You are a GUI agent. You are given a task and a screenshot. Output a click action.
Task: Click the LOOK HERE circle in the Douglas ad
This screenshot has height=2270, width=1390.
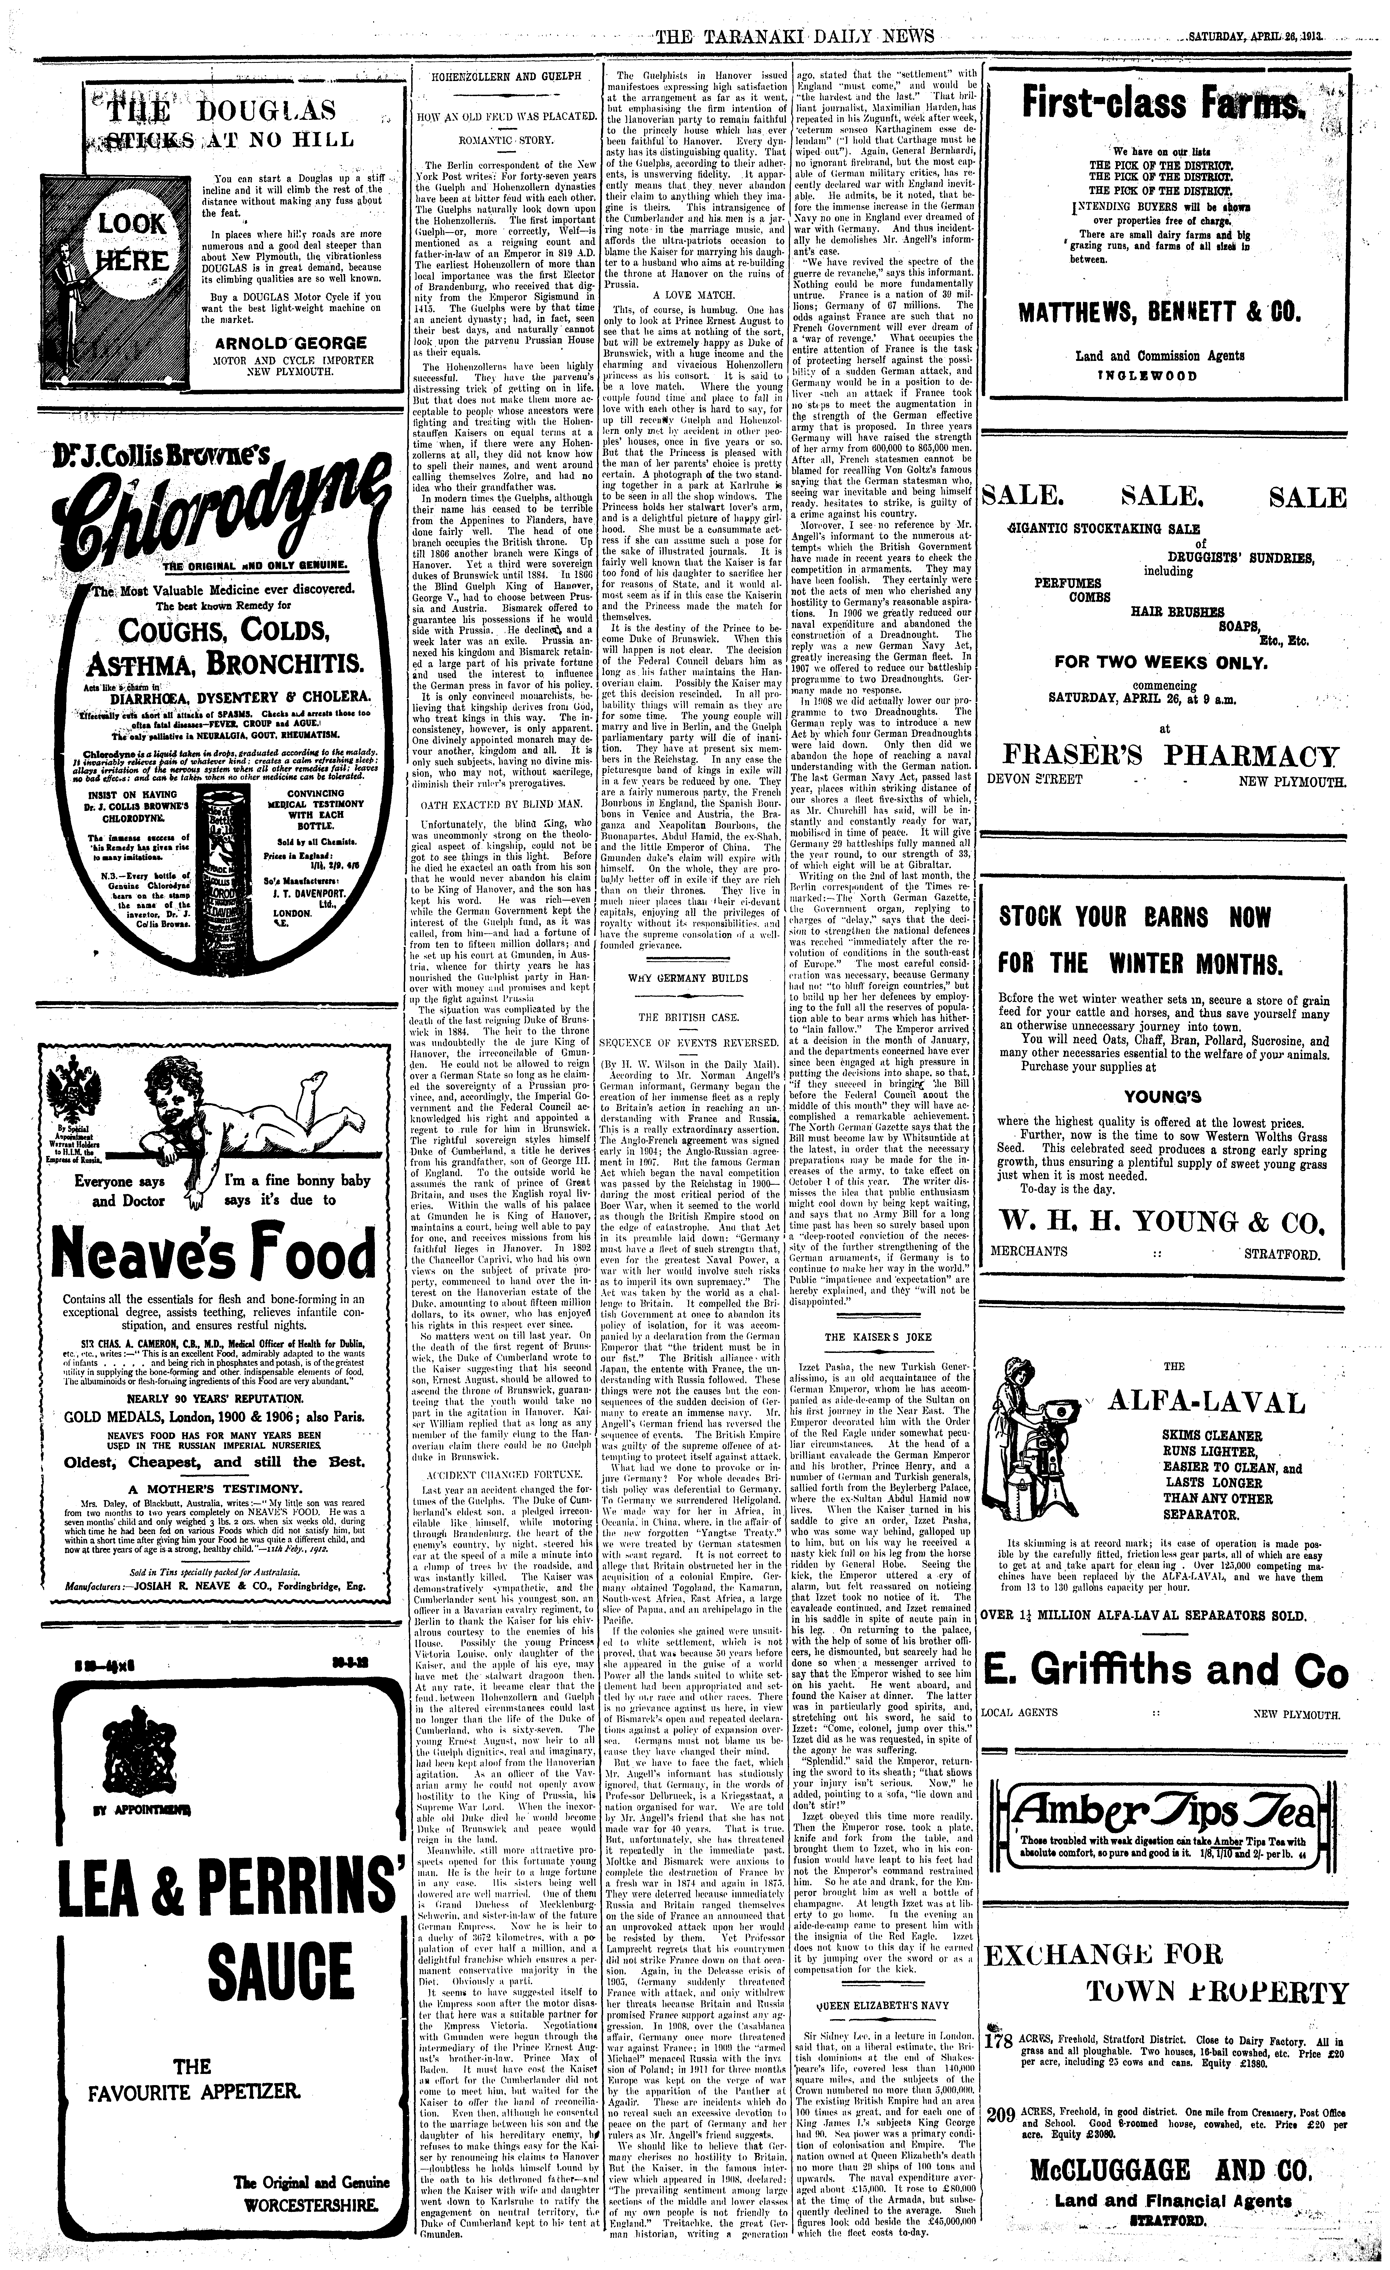point(132,241)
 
